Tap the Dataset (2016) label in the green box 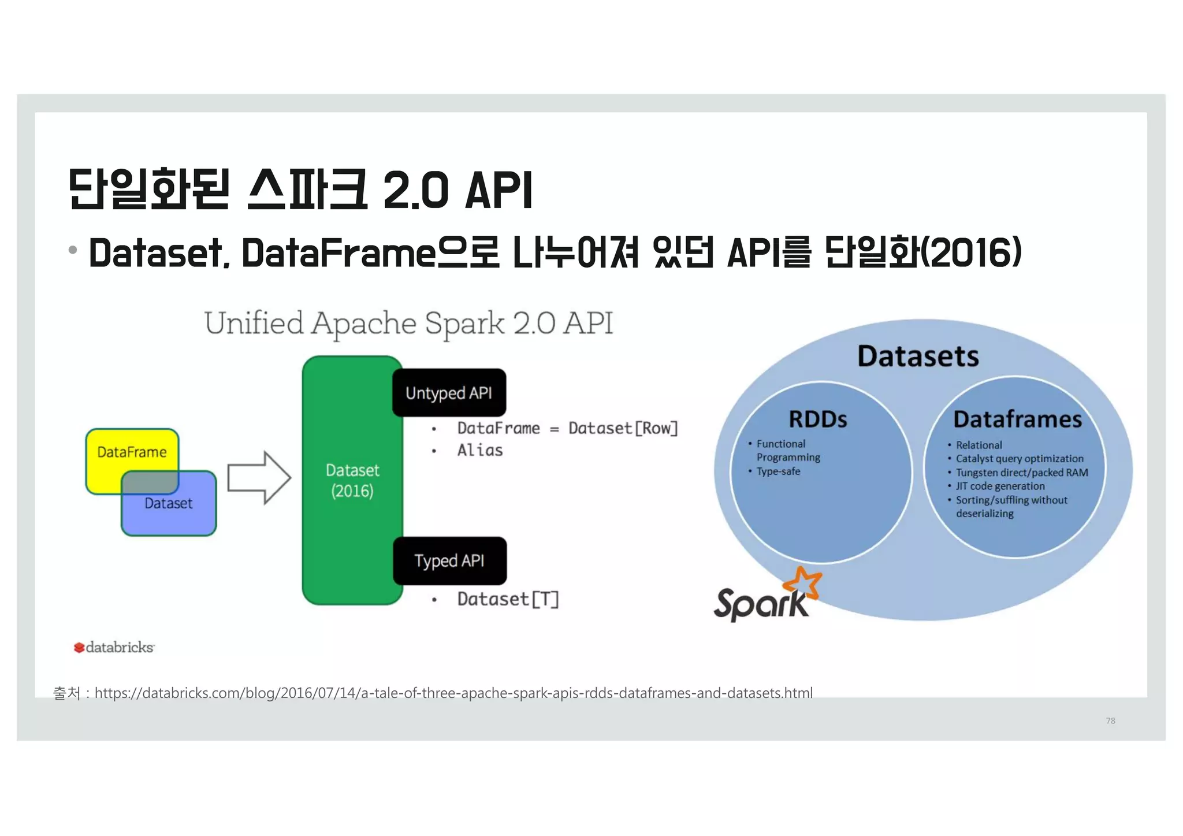click(x=352, y=480)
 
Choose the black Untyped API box click(x=449, y=393)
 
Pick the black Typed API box click(x=449, y=560)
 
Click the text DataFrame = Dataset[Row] click(x=567, y=428)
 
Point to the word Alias click(x=479, y=450)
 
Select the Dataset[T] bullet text click(x=508, y=599)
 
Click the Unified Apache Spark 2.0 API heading click(x=408, y=323)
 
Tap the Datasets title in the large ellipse click(x=918, y=356)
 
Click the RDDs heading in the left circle click(x=818, y=419)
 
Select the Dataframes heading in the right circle click(x=1017, y=419)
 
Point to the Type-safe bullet click(x=778, y=471)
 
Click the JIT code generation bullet click(x=1000, y=486)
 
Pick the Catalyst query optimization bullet click(x=1020, y=459)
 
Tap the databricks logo click(x=114, y=647)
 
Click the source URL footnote click(x=433, y=693)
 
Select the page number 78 click(x=1110, y=720)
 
